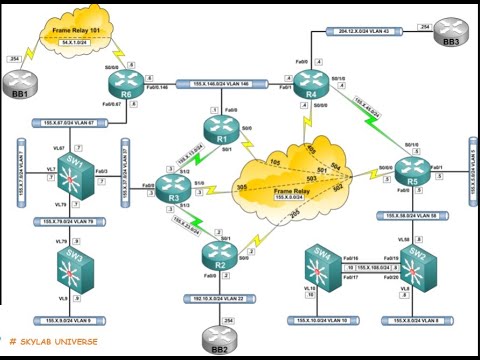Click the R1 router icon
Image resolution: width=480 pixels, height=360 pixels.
tap(218, 128)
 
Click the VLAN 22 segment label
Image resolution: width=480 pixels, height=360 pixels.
tap(219, 298)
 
